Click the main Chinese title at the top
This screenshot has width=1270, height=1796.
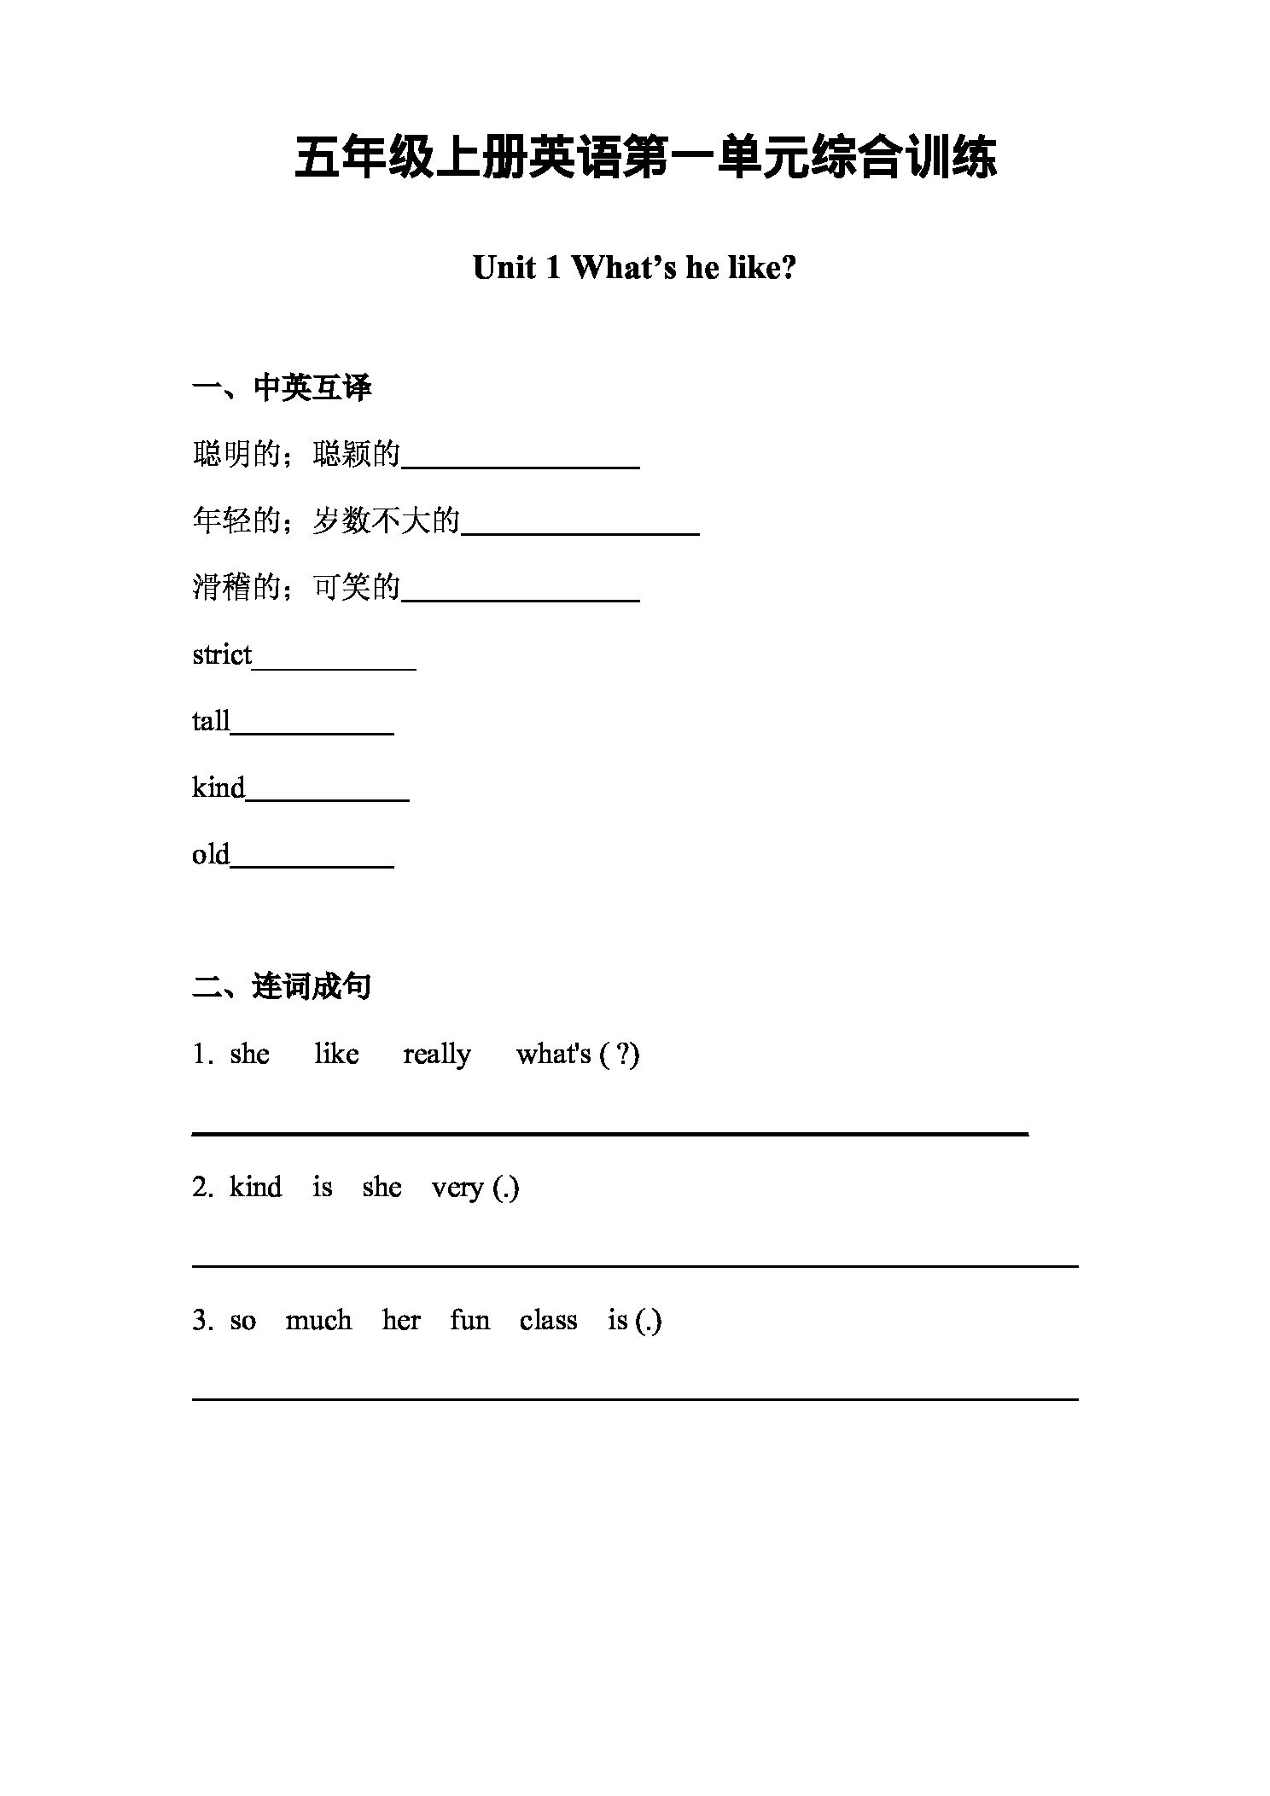click(644, 158)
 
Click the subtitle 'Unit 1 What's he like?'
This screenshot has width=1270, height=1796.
click(634, 268)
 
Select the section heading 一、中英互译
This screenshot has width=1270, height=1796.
click(282, 388)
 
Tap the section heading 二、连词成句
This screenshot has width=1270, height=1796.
click(282, 986)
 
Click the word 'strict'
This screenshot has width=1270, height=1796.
click(222, 655)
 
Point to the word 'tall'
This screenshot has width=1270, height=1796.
click(211, 722)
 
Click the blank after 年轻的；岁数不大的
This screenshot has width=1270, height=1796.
click(580, 530)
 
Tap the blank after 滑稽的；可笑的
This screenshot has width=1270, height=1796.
click(521, 597)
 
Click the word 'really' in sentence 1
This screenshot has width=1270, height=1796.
click(437, 1055)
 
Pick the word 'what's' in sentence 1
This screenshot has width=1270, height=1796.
click(553, 1055)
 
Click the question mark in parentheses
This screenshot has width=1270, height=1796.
click(626, 1055)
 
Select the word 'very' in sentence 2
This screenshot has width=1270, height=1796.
click(457, 1188)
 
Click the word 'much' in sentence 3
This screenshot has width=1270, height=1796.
click(318, 1321)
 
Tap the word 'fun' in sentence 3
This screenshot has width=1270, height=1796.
click(469, 1321)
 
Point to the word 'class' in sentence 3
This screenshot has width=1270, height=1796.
click(548, 1321)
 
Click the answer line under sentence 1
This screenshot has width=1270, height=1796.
click(609, 1132)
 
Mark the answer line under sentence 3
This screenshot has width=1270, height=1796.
click(635, 1398)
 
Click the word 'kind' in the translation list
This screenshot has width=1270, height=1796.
click(218, 788)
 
